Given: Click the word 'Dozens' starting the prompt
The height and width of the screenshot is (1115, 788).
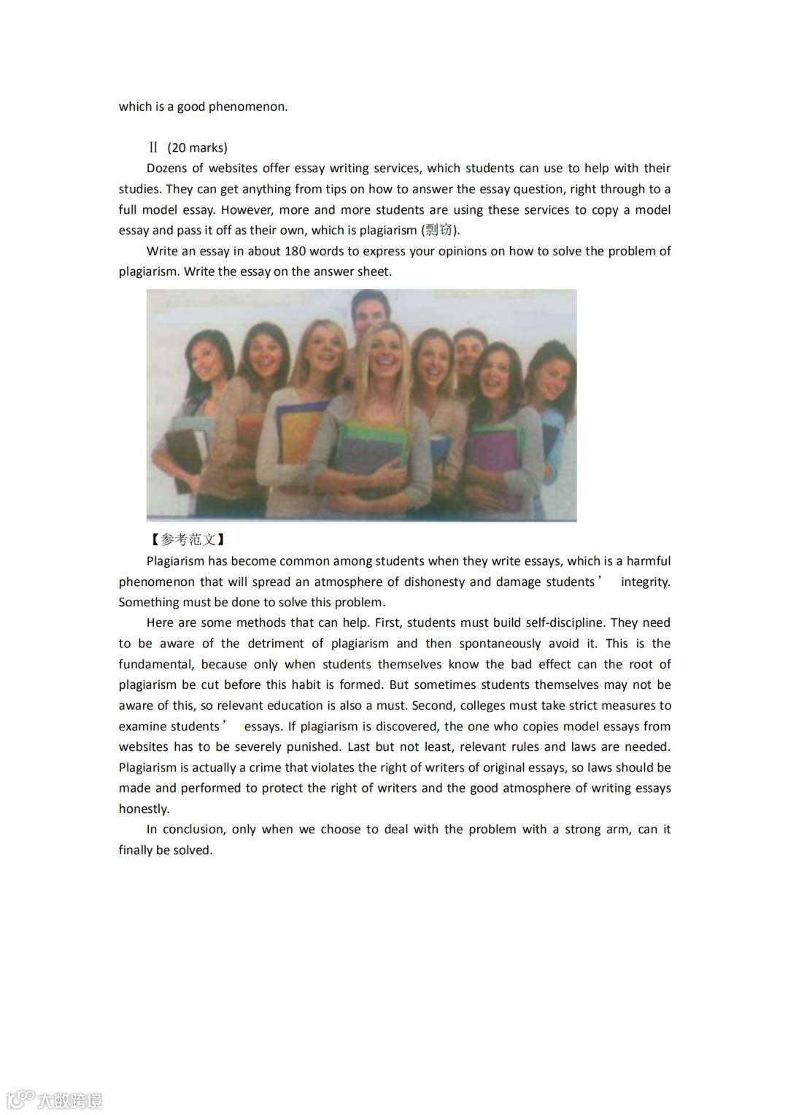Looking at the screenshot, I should [x=166, y=169].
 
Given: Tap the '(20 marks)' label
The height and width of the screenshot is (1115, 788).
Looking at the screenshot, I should [x=197, y=147].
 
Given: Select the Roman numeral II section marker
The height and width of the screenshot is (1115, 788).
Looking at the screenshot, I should [x=153, y=147].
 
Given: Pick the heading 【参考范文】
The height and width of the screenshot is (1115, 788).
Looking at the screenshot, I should [x=188, y=540].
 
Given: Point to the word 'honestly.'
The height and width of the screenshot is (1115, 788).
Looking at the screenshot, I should [x=144, y=809].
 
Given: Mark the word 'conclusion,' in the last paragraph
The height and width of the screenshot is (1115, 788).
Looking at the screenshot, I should [x=193, y=830].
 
